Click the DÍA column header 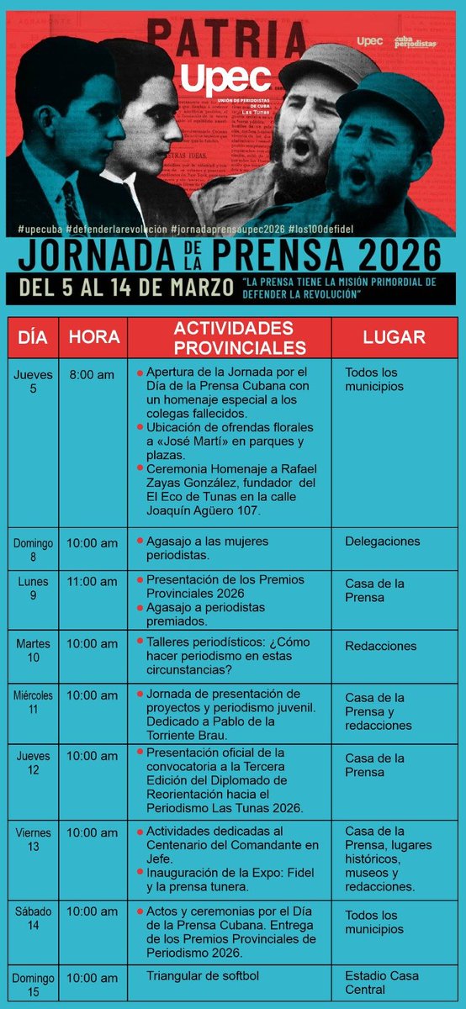click(32, 337)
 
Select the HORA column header click(93, 337)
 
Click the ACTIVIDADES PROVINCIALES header click(229, 337)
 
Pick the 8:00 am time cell click(93, 374)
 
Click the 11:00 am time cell click(93, 581)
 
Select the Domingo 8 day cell click(33, 548)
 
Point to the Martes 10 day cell click(33, 650)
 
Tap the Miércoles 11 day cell click(33, 702)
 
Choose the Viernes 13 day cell click(33, 839)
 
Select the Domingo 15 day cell click(33, 984)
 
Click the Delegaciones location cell click(382, 541)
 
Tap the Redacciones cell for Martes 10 click(380, 646)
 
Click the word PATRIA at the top click(227, 39)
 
